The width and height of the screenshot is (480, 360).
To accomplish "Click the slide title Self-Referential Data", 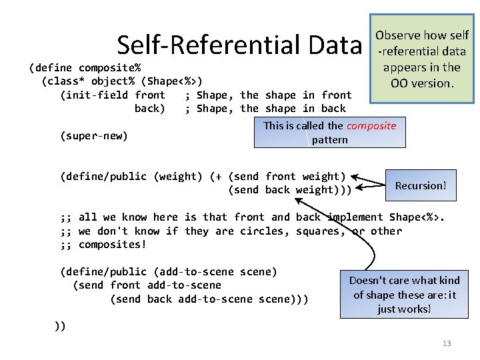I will [x=239, y=45].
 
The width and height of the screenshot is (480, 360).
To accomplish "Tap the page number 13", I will [x=447, y=343].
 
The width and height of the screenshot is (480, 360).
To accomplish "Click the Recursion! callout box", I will [x=421, y=185].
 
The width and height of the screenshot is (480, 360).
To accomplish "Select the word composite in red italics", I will [x=371, y=125].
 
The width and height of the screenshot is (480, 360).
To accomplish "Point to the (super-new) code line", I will [x=94, y=135].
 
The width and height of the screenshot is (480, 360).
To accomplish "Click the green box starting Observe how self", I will [x=421, y=59].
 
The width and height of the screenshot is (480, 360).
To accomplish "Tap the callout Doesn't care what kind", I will [x=404, y=294].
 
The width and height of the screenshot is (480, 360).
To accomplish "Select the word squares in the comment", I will [x=315, y=231].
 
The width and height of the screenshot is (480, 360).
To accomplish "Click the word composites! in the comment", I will [x=113, y=244].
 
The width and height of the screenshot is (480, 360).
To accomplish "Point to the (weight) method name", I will [x=178, y=176].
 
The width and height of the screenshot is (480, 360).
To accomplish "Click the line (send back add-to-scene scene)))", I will [x=209, y=299].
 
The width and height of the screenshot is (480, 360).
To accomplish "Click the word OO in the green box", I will [x=399, y=83].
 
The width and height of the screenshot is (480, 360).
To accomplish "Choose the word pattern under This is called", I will [x=329, y=140].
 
